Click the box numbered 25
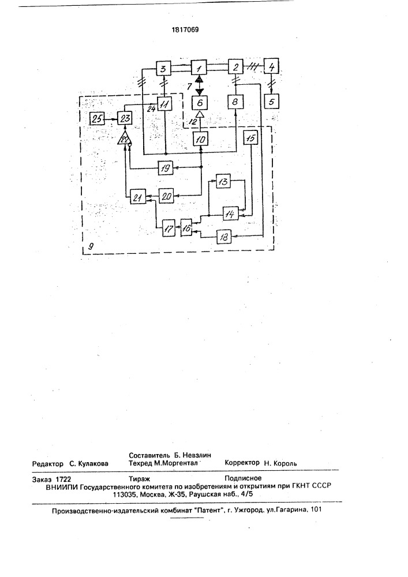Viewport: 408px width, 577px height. [x=97, y=118]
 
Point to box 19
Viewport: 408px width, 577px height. [x=166, y=168]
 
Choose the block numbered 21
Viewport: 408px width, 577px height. [x=137, y=197]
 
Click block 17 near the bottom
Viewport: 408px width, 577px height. [x=169, y=229]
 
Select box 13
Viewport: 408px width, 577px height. [x=223, y=181]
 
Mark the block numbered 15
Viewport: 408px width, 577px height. [x=251, y=138]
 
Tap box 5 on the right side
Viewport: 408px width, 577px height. [x=271, y=101]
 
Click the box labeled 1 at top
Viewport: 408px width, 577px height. [x=199, y=67]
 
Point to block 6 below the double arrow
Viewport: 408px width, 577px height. [x=200, y=102]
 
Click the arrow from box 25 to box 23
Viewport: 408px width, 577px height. [x=111, y=118]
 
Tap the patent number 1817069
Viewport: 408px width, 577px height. [x=185, y=30]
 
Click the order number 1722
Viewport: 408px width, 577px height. [x=63, y=479]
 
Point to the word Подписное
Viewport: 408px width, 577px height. [x=243, y=478]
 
